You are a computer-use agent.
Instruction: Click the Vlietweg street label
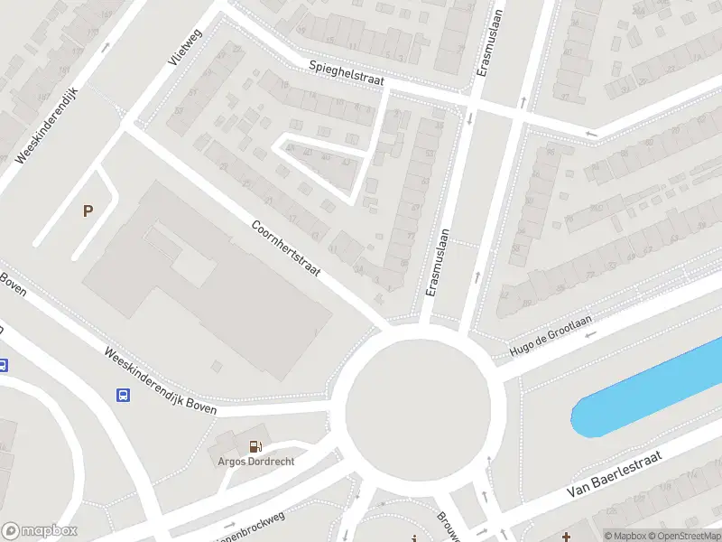(x=188, y=46)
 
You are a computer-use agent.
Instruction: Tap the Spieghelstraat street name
(x=347, y=73)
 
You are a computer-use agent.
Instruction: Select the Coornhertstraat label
(x=286, y=256)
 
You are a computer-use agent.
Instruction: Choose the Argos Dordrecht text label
(x=256, y=461)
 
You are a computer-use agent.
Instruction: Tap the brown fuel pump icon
(x=256, y=444)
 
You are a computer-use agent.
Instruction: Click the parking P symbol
(x=88, y=211)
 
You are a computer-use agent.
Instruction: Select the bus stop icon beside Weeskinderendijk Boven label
(x=123, y=395)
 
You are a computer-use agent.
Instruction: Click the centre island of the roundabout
(x=418, y=404)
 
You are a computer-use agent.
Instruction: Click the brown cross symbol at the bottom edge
(x=566, y=537)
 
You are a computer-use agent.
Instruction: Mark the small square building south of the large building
(x=216, y=365)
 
